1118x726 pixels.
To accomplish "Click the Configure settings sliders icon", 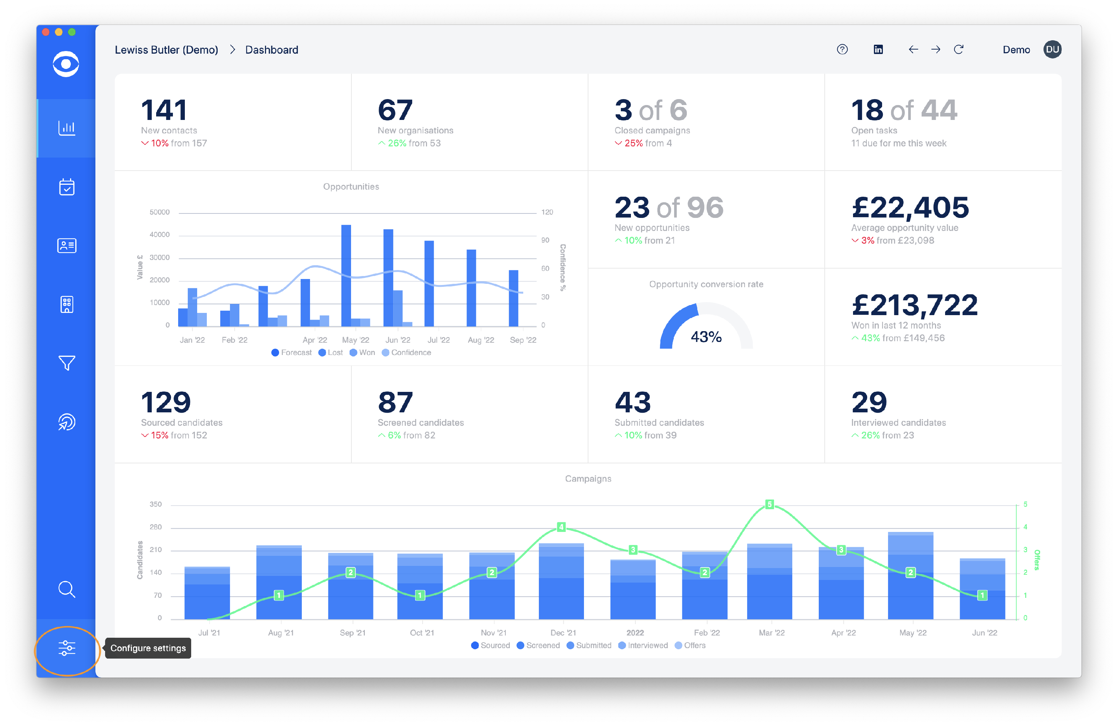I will (67, 648).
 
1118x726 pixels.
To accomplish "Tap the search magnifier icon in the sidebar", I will (67, 589).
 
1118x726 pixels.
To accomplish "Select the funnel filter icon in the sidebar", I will (67, 362).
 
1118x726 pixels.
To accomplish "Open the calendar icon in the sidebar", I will (67, 187).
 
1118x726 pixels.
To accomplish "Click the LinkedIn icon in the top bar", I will (878, 49).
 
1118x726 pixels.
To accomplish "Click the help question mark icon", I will (842, 49).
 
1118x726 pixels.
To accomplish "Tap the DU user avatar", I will (1052, 49).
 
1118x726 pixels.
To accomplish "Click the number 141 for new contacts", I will (164, 110).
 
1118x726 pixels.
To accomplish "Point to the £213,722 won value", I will (914, 305).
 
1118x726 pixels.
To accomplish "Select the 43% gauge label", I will (706, 337).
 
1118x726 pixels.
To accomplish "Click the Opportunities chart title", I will (351, 186).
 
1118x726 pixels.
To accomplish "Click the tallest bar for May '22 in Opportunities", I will (346, 275).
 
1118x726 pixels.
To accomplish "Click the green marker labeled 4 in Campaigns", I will (561, 527).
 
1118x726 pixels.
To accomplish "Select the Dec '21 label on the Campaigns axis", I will (563, 633).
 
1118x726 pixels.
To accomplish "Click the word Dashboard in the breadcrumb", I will (272, 50).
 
